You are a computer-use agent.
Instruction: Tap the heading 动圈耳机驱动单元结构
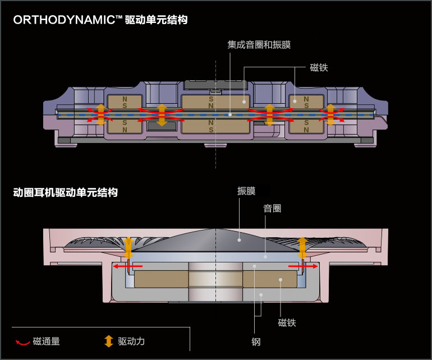coord(66,192)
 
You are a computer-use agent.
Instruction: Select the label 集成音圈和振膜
coord(259,45)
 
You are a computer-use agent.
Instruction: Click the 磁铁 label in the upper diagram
coord(319,68)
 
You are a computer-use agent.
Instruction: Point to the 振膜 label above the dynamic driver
coord(246,191)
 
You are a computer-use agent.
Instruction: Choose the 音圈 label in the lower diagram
coord(272,209)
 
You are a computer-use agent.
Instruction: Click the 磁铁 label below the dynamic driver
coord(287,322)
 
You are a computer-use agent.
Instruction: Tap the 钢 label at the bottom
coord(256,341)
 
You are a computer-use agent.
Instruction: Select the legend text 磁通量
coord(47,341)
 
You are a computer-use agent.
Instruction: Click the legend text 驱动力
coord(131,341)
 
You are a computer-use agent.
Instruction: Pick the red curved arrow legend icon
coord(22,341)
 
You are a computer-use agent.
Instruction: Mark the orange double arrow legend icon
coord(109,341)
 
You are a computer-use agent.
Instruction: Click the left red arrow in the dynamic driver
coord(128,266)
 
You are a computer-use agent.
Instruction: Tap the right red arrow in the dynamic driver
coord(303,266)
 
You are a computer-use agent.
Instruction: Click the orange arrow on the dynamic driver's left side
coord(128,247)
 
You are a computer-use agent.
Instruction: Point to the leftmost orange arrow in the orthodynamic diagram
coord(100,114)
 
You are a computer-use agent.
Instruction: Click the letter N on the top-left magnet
coord(125,99)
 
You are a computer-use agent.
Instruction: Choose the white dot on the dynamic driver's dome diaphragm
coord(239,240)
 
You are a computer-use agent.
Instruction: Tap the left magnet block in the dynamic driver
coord(161,279)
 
